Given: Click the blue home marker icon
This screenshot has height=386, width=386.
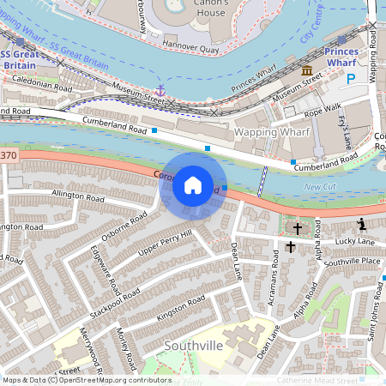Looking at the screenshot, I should click(193, 185).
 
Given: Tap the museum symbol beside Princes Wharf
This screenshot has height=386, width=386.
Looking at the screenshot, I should click(306, 69).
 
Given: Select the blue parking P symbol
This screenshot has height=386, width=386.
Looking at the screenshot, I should click(351, 79).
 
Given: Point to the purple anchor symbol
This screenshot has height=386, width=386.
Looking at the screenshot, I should click(160, 89).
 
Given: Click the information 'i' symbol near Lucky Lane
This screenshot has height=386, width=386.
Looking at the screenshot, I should click(362, 225).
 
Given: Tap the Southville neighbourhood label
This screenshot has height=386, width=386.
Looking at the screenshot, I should click(193, 346).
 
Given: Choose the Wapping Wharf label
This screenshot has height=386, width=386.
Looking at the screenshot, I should click(267, 134).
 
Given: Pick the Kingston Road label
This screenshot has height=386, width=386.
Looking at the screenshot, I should click(180, 310).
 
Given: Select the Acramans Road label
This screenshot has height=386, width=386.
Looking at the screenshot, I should click(274, 278).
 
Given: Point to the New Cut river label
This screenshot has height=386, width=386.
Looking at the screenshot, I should click(320, 186).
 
